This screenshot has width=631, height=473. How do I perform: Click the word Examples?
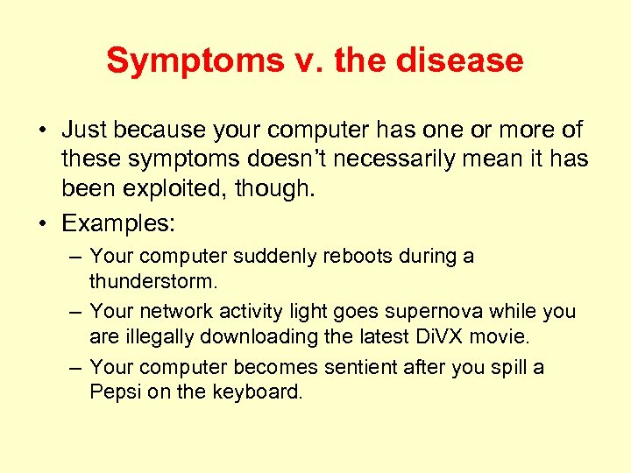point(118,223)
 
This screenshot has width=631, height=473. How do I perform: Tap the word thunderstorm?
point(153,283)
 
